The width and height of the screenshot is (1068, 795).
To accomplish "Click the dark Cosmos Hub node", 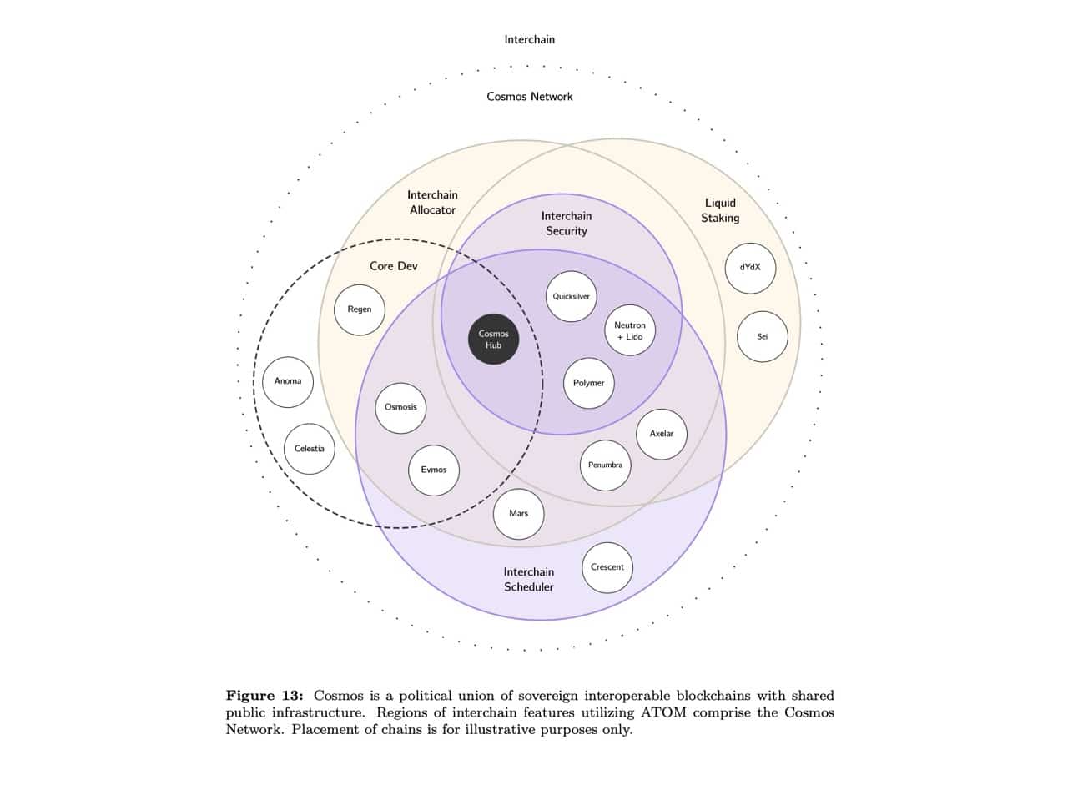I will [493, 340].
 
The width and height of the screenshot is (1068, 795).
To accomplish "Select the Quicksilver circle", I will [572, 296].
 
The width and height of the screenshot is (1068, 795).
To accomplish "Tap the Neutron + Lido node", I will [629, 330].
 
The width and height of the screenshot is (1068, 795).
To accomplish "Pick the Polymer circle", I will [588, 383].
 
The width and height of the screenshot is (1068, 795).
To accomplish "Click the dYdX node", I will [750, 268].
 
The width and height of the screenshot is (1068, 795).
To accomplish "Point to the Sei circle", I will [762, 337].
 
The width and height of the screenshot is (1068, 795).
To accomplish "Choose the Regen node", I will [360, 309].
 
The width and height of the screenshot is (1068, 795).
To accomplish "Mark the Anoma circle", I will [288, 381].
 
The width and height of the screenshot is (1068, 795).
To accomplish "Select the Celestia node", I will [310, 449].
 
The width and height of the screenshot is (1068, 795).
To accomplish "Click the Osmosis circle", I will [400, 407].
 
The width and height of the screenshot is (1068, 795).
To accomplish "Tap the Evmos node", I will [434, 470].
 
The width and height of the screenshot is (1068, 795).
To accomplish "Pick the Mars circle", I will [519, 514].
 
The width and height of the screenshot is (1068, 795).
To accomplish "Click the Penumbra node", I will [605, 465].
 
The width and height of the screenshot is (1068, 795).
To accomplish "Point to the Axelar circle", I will [662, 434].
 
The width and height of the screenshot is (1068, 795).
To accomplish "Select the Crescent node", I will [607, 567].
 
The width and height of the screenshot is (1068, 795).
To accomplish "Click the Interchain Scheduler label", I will [529, 580].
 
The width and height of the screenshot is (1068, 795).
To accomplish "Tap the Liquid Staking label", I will [720, 210].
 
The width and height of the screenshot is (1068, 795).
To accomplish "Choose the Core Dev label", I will [394, 266].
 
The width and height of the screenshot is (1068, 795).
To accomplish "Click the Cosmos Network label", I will [530, 97].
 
